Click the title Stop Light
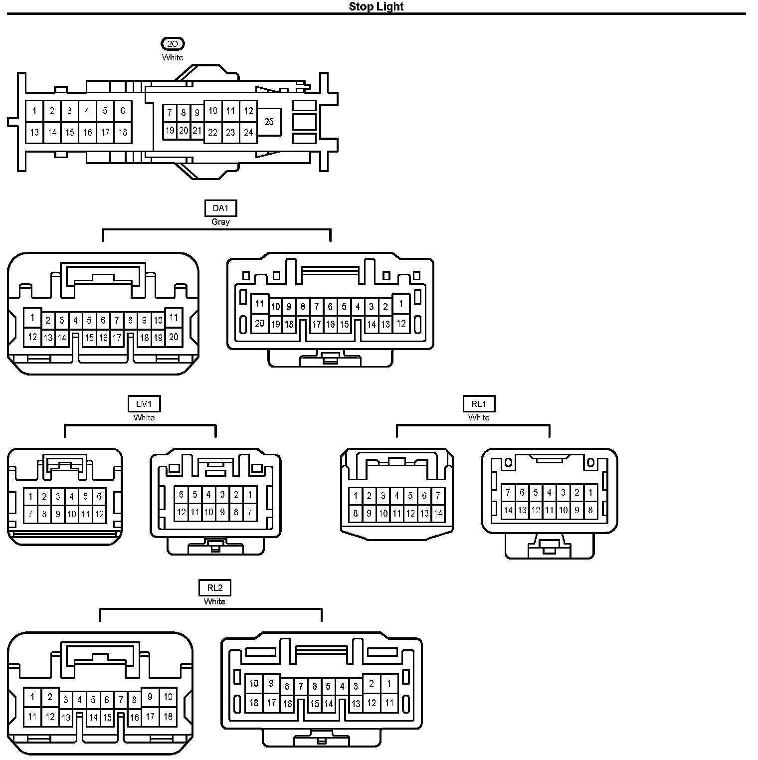[x=376, y=6]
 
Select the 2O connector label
[x=173, y=44]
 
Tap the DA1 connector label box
[x=220, y=208]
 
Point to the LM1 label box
[x=144, y=403]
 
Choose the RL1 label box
[x=479, y=403]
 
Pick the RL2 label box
[x=215, y=587]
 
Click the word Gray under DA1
[x=220, y=222]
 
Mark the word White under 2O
[x=173, y=57]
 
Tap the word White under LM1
[x=144, y=417]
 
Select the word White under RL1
[x=479, y=417]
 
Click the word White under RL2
[x=214, y=601]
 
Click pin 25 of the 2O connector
[x=269, y=122]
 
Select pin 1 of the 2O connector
[x=34, y=111]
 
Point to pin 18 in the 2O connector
[x=123, y=132]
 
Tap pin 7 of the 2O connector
[x=170, y=113]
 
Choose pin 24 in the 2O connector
[x=248, y=132]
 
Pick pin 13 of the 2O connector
[x=34, y=132]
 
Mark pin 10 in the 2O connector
[x=213, y=111]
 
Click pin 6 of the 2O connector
[x=123, y=111]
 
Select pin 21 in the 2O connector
[x=197, y=131]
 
